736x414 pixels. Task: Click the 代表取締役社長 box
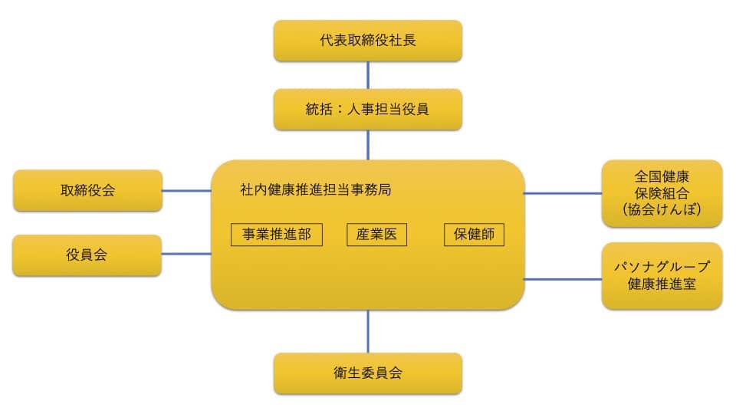tap(368, 41)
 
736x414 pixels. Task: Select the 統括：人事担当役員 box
tap(368, 109)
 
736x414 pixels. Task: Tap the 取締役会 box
tap(87, 190)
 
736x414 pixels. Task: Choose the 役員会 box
tap(87, 255)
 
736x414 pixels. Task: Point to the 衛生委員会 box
tap(368, 373)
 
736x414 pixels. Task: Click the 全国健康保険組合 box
tap(662, 193)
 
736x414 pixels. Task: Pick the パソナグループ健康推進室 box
tap(662, 276)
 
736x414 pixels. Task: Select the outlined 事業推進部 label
tap(276, 235)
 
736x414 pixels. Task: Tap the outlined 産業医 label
tap(376, 235)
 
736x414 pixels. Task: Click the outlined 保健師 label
tap(474, 235)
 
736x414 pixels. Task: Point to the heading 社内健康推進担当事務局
tap(315, 190)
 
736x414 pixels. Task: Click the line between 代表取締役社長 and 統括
tap(368, 75)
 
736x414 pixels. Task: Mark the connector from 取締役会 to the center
tap(186, 190)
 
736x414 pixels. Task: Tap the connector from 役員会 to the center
tap(186, 253)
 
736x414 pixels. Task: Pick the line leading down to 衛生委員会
tap(368, 331)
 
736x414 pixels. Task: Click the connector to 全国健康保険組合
tap(563, 193)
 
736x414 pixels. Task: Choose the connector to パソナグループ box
tap(563, 279)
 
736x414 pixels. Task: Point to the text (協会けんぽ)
tap(662, 209)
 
